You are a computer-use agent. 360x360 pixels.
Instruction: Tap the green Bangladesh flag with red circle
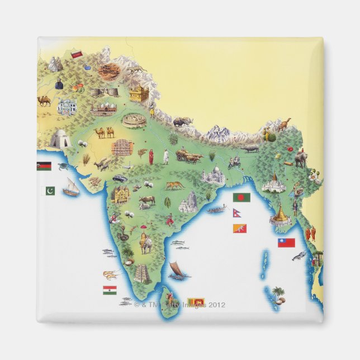pyautogui.click(x=241, y=197)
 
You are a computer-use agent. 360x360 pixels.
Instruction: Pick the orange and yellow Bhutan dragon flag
pyautogui.click(x=240, y=228)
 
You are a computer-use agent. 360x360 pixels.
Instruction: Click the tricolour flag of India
pyautogui.click(x=110, y=290)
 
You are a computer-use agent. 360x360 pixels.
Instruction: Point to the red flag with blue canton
pyautogui.click(x=286, y=243)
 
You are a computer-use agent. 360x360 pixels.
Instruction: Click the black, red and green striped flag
pyautogui.click(x=44, y=166)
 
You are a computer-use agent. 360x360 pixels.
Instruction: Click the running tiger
pyautogui.click(x=174, y=185)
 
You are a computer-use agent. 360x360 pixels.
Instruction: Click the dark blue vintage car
pyautogui.click(x=120, y=179)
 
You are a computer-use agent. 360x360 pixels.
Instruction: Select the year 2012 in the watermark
pyautogui.click(x=216, y=305)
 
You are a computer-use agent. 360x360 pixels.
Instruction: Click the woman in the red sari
pyautogui.click(x=151, y=156)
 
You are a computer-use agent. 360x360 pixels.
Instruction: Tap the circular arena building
pyautogui.click(x=134, y=120)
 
